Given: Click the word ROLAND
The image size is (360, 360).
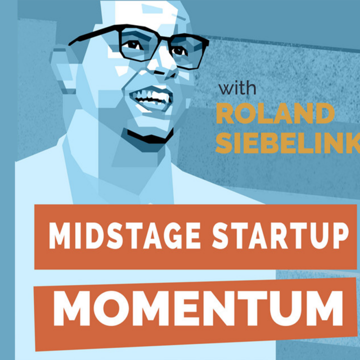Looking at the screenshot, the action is pyautogui.click(x=275, y=113).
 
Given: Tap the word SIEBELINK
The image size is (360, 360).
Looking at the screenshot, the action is pyautogui.click(x=288, y=143).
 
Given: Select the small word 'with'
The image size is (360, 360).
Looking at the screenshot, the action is pyautogui.click(x=237, y=88).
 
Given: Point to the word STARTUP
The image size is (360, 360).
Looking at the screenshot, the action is pyautogui.click(x=280, y=235).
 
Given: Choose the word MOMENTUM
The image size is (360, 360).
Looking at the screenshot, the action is pyautogui.click(x=198, y=308).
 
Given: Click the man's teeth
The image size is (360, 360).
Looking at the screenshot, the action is pyautogui.click(x=151, y=96).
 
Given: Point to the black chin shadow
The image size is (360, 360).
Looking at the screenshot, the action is pyautogui.click(x=149, y=136).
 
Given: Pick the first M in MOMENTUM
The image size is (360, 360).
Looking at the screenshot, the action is pyautogui.click(x=71, y=308).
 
